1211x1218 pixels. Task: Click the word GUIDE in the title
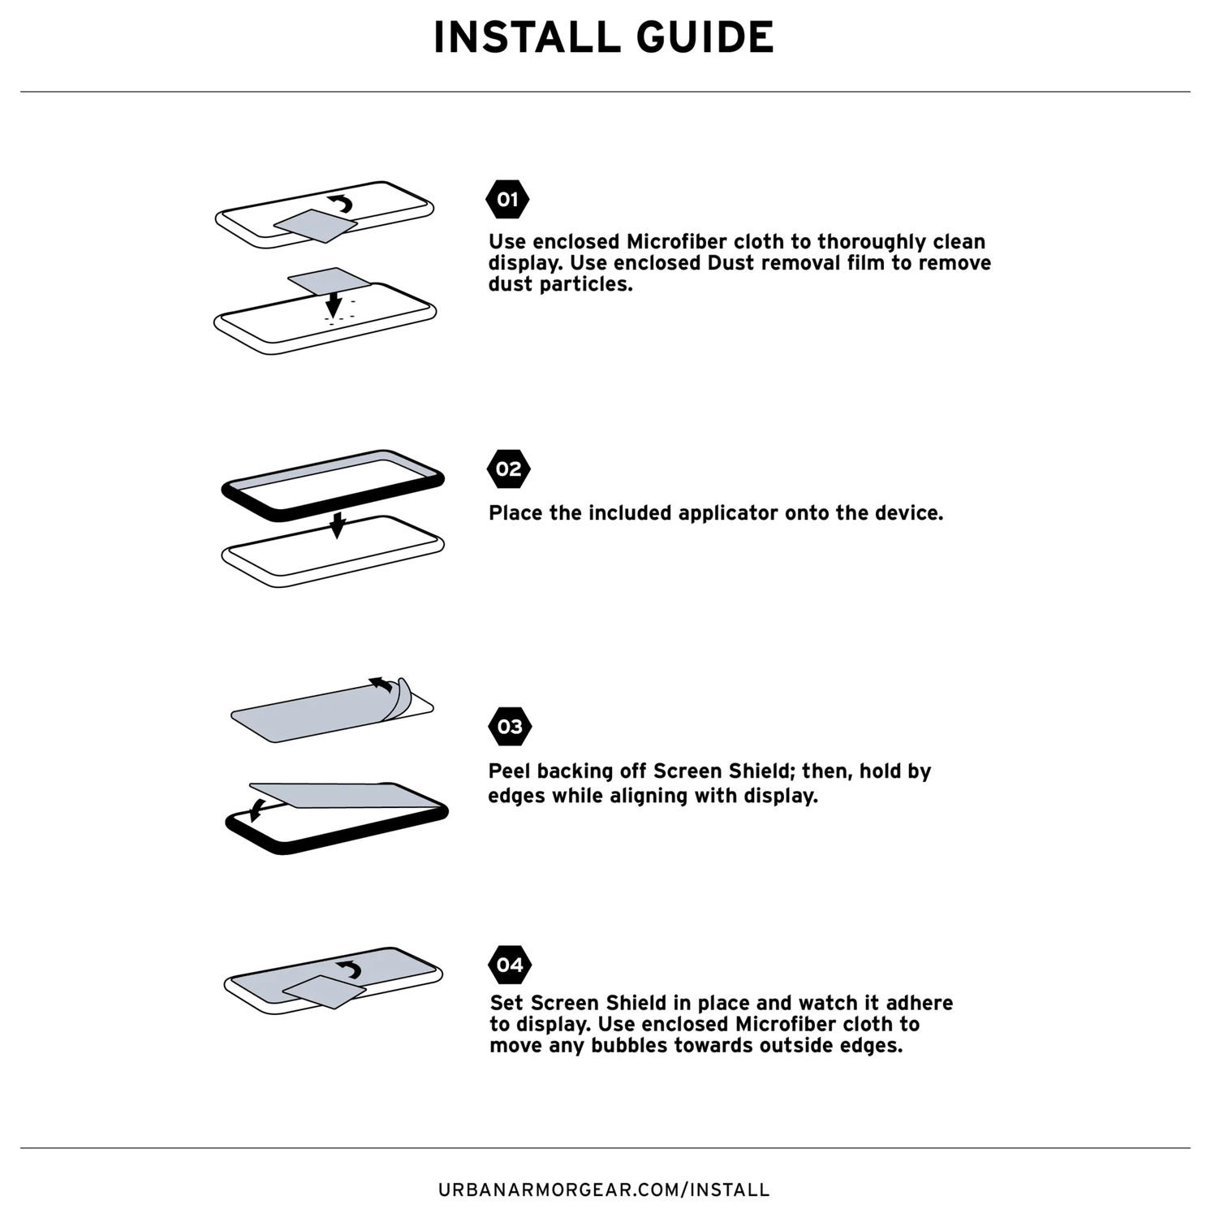(x=705, y=37)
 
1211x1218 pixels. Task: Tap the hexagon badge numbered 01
(x=507, y=200)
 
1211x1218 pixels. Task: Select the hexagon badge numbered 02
(x=508, y=469)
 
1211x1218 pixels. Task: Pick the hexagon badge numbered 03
(x=510, y=727)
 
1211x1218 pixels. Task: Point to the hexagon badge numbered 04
(x=510, y=965)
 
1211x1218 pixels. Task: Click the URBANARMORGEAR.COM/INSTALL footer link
(x=604, y=1190)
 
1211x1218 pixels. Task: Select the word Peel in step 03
(x=510, y=771)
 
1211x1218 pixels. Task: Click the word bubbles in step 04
(x=629, y=1046)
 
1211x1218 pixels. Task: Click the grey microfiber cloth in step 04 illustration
(x=323, y=991)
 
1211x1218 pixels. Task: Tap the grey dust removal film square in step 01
(x=328, y=281)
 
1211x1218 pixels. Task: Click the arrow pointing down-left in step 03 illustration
(x=258, y=809)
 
